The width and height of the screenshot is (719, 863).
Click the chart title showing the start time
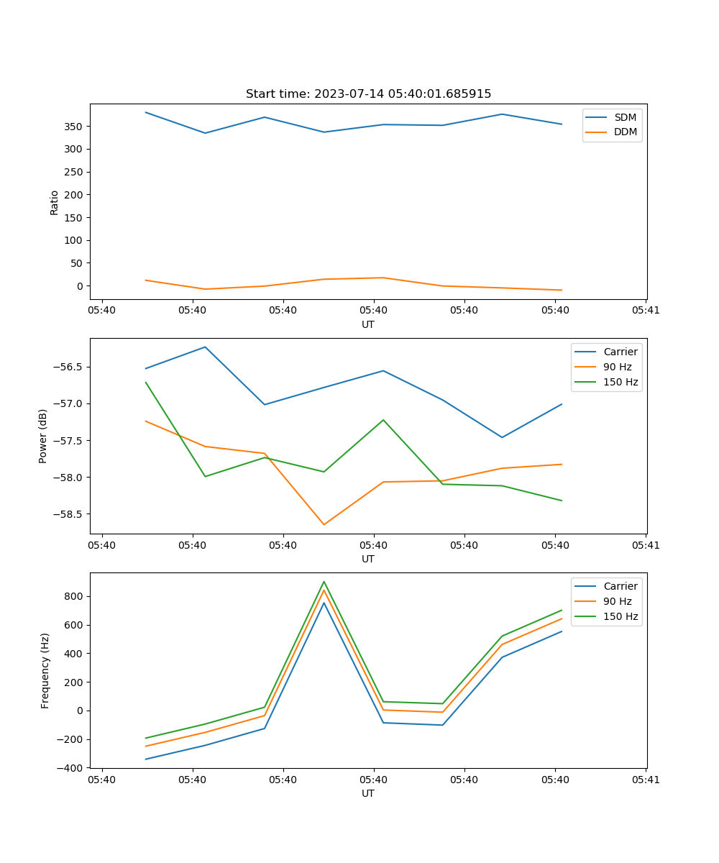[x=368, y=94]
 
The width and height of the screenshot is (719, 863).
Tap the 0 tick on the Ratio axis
[x=81, y=286]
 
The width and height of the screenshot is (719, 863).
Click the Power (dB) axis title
[x=43, y=436]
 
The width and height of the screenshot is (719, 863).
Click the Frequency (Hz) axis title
[x=45, y=670]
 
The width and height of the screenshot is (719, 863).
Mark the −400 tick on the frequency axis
[x=70, y=768]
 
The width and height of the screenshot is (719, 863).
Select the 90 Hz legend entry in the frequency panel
[x=617, y=601]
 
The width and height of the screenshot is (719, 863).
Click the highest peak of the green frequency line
[x=324, y=581]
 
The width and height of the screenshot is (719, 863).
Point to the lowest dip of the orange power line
[x=324, y=525]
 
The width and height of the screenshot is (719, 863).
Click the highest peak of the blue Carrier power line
[x=205, y=347]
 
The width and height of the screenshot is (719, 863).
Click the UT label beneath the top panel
[x=368, y=324]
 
